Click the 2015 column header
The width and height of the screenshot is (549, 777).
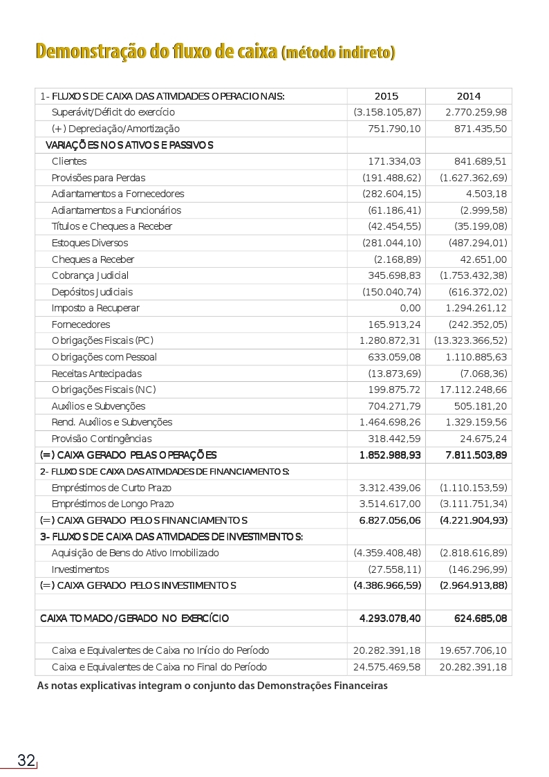(386, 96)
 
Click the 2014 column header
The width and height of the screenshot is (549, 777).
(468, 96)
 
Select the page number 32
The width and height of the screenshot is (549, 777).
(26, 760)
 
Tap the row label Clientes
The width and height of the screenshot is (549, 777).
(69, 161)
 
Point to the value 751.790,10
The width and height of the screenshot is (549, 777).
(394, 129)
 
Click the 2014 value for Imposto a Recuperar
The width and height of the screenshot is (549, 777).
(476, 308)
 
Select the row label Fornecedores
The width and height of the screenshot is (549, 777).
(81, 324)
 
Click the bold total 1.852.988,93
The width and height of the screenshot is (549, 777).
(390, 455)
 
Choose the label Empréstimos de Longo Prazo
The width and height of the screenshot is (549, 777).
(113, 504)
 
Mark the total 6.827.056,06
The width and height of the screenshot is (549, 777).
(390, 520)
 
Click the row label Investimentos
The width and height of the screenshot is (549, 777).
(80, 569)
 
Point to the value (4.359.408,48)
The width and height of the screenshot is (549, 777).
(387, 553)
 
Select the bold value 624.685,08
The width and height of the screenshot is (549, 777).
(476, 618)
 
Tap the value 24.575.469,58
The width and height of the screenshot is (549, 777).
(387, 667)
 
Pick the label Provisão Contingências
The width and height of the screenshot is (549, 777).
(102, 439)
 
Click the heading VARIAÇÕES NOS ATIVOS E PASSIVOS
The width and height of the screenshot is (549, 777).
(129, 145)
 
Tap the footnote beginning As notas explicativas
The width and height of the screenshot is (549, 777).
(212, 686)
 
